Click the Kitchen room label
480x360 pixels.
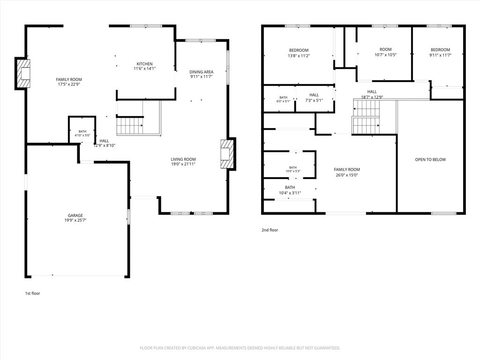(x=144, y=66)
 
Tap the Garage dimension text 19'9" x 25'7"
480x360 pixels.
(x=75, y=220)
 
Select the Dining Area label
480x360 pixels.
(x=201, y=74)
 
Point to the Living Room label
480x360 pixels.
(x=183, y=161)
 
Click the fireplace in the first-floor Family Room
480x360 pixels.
(x=23, y=74)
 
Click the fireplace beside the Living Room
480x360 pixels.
(x=228, y=154)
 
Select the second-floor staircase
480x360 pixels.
(x=367, y=117)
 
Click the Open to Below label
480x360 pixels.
(x=430, y=159)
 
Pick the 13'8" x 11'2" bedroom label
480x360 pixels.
(x=299, y=53)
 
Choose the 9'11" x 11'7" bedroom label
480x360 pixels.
(x=440, y=52)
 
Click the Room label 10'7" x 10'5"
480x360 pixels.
(x=385, y=52)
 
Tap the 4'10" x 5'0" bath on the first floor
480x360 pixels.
(x=82, y=133)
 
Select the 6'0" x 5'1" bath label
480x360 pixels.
(x=283, y=99)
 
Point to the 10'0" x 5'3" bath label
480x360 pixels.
(x=293, y=169)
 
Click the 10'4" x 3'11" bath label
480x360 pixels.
(x=290, y=190)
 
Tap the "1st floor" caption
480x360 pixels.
(x=32, y=293)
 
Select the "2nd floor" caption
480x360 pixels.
(x=270, y=230)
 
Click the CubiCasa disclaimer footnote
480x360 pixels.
(x=240, y=348)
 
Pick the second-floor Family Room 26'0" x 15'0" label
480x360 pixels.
(x=347, y=172)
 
